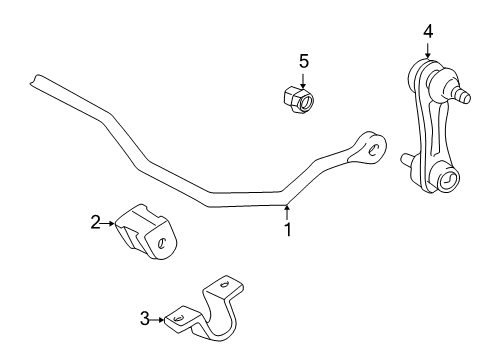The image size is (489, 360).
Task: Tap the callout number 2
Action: coord(96,224)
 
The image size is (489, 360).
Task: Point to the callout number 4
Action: coord(428,32)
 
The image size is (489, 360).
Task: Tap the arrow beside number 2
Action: coord(110,224)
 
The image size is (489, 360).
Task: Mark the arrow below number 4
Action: coord(428,52)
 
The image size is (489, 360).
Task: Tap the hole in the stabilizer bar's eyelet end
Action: coord(375,149)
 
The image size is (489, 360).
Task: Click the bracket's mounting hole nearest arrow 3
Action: coord(177,317)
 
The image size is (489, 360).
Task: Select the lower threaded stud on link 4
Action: coord(405,159)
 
